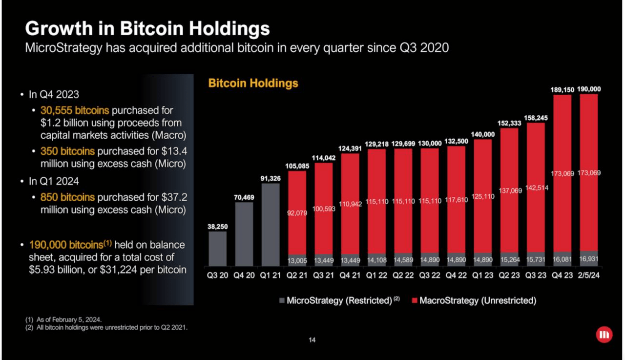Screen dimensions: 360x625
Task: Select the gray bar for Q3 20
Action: [218, 249]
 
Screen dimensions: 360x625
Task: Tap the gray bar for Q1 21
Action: [271, 225]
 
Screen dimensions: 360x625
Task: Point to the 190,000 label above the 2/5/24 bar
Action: [589, 89]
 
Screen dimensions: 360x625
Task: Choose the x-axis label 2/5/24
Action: [589, 275]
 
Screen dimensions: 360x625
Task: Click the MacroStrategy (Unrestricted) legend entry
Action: [474, 300]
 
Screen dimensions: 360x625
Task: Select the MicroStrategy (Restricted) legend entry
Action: [339, 300]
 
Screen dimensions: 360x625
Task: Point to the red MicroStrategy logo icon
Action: [604, 335]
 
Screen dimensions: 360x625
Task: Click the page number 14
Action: [312, 340]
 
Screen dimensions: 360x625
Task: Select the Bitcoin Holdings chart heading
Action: [253, 83]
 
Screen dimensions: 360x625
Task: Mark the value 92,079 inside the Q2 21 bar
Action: [297, 213]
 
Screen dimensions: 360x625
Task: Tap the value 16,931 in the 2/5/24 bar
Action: [589, 259]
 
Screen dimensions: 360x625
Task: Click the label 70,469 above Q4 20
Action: [244, 197]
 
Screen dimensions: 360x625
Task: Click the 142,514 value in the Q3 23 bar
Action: [536, 189]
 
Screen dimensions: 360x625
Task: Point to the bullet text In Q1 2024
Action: [54, 181]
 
